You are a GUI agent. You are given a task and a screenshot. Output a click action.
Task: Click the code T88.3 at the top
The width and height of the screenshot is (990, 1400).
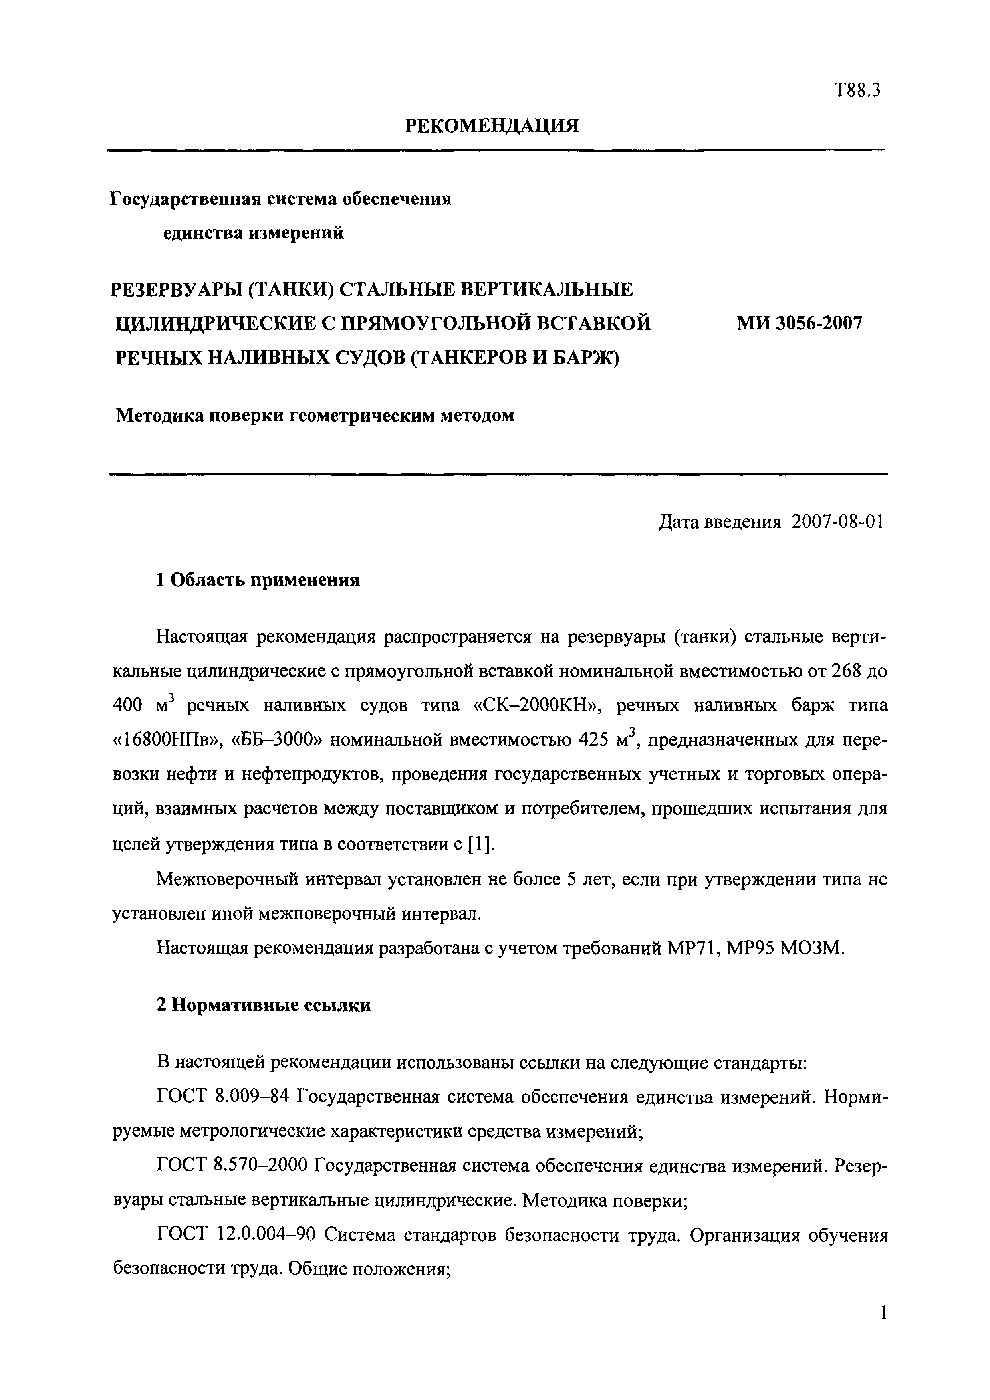[857, 91]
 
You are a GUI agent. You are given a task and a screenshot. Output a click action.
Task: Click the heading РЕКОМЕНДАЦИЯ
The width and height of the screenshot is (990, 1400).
[492, 126]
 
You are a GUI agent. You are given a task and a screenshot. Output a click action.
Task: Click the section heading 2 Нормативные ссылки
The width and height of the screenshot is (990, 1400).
[264, 1004]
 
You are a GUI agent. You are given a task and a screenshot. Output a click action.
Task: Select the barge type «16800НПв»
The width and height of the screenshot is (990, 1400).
[167, 740]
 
